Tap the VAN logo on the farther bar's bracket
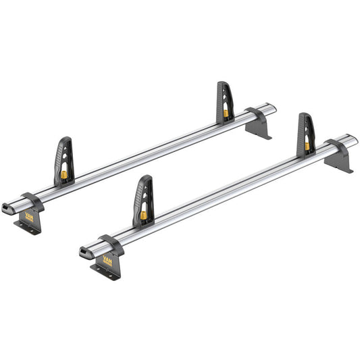(29, 215)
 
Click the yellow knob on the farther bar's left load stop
(65, 175)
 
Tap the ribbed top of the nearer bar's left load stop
(143, 183)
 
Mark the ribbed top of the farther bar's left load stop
(63, 143)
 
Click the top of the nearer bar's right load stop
(305, 118)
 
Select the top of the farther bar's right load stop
(224, 86)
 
